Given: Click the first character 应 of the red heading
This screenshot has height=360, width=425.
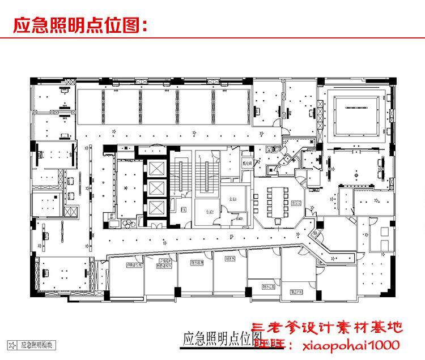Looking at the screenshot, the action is [21, 25].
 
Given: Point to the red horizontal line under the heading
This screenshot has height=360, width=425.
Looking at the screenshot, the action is [212, 38].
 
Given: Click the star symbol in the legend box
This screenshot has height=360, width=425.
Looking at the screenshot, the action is [11, 344].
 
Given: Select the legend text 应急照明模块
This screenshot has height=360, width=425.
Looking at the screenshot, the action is [39, 344].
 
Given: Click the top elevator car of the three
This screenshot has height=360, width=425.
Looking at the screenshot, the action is [155, 168].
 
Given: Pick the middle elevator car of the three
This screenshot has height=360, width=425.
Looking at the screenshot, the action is [155, 188].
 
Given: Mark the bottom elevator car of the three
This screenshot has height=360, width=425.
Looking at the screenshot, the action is [155, 208].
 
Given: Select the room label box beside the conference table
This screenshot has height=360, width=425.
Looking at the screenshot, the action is [294, 203].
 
